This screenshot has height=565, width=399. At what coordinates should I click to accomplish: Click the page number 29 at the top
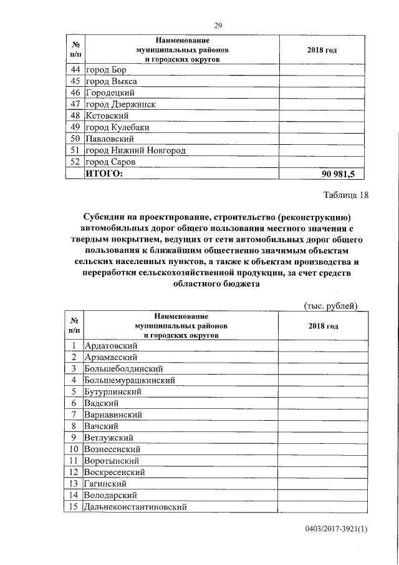218,25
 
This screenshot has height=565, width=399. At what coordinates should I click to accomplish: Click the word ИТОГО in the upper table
104,174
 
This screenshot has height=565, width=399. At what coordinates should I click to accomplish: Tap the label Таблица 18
346,195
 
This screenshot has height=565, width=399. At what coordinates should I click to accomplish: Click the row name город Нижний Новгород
135,150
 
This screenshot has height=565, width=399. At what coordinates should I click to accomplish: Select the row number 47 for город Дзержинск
74,104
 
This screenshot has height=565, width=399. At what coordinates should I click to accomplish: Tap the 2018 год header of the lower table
323,326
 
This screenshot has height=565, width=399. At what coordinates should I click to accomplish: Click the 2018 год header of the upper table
322,50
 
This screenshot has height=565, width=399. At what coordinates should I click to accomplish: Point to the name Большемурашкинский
130,380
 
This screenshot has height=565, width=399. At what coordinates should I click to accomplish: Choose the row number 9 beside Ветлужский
74,438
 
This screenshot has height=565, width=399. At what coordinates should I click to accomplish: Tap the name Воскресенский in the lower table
118,472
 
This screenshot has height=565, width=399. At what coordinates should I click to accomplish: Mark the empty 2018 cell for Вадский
322,403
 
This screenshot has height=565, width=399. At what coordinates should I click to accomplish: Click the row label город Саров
111,162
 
